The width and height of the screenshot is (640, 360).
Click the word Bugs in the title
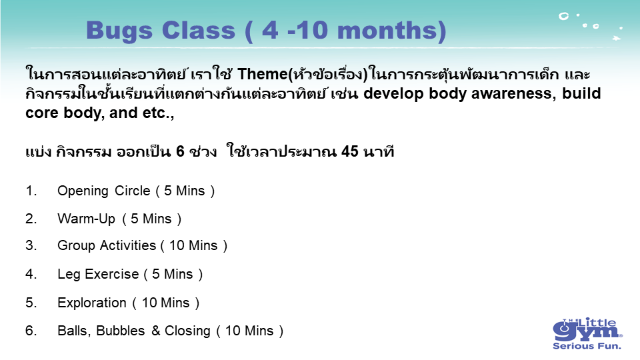click(119, 31)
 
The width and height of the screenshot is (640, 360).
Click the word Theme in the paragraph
click(263, 74)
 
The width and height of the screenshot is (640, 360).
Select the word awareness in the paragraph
click(513, 93)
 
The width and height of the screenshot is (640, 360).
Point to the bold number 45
click(350, 151)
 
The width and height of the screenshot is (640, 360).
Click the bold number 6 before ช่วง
click(180, 151)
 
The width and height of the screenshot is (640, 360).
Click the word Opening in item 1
click(83, 191)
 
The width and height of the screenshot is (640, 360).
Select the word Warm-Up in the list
click(87, 219)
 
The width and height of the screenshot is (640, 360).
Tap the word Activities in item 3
click(128, 245)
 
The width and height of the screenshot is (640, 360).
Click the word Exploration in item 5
click(92, 303)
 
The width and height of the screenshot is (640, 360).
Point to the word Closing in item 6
click(187, 331)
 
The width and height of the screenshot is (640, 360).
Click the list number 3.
click(31, 245)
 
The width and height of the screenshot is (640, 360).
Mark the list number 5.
click(31, 303)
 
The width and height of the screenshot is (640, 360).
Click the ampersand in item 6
click(155, 331)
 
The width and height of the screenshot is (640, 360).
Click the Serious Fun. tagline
click(587, 346)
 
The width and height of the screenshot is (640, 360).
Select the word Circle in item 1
click(132, 191)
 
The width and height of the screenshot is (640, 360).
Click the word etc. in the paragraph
click(156, 113)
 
